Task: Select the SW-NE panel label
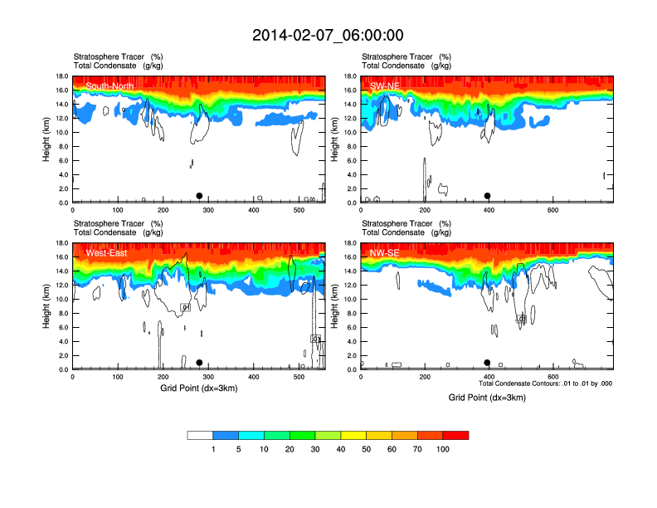coord(386,85)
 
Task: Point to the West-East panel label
coord(106,253)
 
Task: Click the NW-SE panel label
coord(385,253)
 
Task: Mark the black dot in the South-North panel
coord(199,196)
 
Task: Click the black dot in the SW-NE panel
coord(488,196)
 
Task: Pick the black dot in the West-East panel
coord(199,363)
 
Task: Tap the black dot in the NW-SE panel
coord(488,363)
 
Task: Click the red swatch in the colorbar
coord(455,435)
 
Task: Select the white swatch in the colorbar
coord(200,435)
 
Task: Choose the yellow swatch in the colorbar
coord(354,435)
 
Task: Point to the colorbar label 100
coord(444,449)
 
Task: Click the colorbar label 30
coord(315,449)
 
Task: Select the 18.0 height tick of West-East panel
coord(61,243)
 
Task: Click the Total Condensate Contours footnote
coord(545,383)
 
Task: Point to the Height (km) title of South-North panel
coord(46,139)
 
